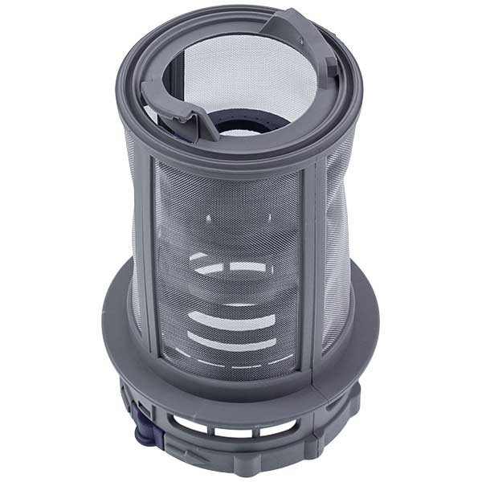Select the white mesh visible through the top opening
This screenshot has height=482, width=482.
click(233, 72)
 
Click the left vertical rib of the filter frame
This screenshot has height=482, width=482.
click(148, 257)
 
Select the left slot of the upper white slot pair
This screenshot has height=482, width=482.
click(204, 267)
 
